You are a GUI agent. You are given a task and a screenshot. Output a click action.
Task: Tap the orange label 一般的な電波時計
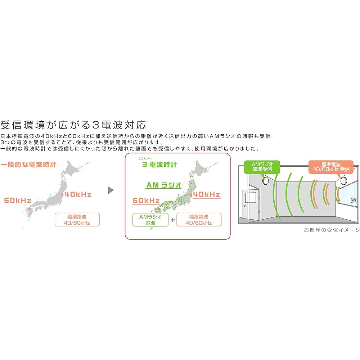[x=28, y=165]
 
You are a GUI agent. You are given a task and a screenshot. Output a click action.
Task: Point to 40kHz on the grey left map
[x=78, y=194]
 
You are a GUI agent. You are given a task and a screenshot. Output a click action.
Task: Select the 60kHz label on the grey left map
[x=18, y=200]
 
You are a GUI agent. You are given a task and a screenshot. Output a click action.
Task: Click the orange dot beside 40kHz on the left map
[x=63, y=195]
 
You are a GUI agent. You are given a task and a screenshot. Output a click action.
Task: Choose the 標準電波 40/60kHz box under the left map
[x=77, y=220]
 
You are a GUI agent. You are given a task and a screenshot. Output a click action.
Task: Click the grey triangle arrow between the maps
[x=111, y=190]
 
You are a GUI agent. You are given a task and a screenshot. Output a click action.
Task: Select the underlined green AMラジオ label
[x=163, y=185]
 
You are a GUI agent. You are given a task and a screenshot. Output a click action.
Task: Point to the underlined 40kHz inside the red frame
[x=207, y=195]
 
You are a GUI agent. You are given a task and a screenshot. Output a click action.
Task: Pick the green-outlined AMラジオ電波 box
[x=150, y=220]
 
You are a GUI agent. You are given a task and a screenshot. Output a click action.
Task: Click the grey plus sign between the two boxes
[x=172, y=220]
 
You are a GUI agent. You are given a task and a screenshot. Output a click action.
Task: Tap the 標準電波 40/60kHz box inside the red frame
[x=199, y=220]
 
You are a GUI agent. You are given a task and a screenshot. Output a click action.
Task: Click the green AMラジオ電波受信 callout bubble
[x=258, y=166]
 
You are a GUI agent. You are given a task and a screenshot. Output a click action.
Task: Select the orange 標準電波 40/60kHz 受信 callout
[x=329, y=166]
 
